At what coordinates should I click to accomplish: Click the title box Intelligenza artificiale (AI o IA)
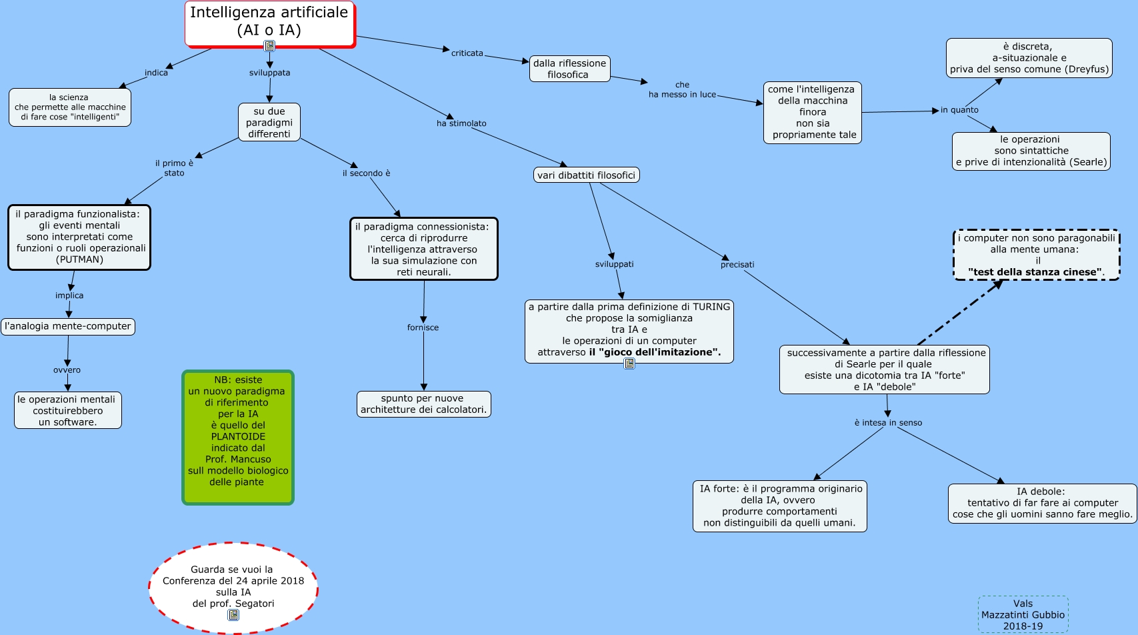[x=269, y=23]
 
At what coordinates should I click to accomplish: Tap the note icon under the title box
[x=269, y=46]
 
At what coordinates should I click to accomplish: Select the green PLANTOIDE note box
[x=238, y=437]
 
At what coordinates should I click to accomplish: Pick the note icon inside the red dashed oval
[x=233, y=615]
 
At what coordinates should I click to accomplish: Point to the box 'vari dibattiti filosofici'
[x=587, y=175]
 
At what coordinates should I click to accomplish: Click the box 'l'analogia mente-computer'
[x=68, y=326]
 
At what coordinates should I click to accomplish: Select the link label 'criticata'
[x=467, y=53]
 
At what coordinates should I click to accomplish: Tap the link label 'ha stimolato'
[x=461, y=123]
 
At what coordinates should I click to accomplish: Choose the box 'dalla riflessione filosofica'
[x=569, y=69]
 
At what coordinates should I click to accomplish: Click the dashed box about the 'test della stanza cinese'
[x=1036, y=255]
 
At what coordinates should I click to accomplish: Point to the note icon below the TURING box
[x=629, y=364]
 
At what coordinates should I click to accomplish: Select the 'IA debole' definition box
[x=1041, y=503]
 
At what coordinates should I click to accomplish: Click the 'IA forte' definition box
[x=780, y=506]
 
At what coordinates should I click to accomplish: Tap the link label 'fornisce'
[x=423, y=328]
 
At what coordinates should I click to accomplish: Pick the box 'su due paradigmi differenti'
[x=269, y=123]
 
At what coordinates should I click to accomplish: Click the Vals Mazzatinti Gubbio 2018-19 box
[x=1023, y=614]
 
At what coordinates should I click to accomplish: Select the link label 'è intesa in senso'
[x=888, y=423]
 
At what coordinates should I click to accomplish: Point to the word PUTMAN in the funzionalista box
[x=80, y=259]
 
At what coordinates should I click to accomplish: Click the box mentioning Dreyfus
[x=1029, y=58]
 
